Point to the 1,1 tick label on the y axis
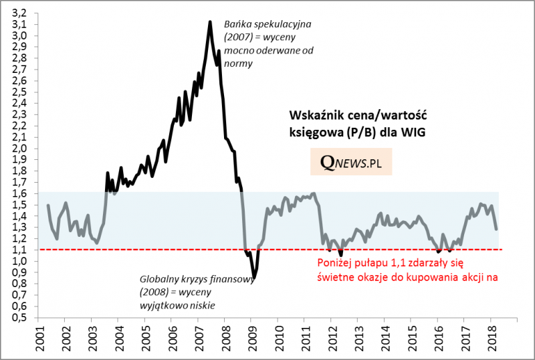point(20,250)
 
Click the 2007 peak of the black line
point(210,22)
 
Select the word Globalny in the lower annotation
point(160,280)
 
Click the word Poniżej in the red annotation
point(333,262)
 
